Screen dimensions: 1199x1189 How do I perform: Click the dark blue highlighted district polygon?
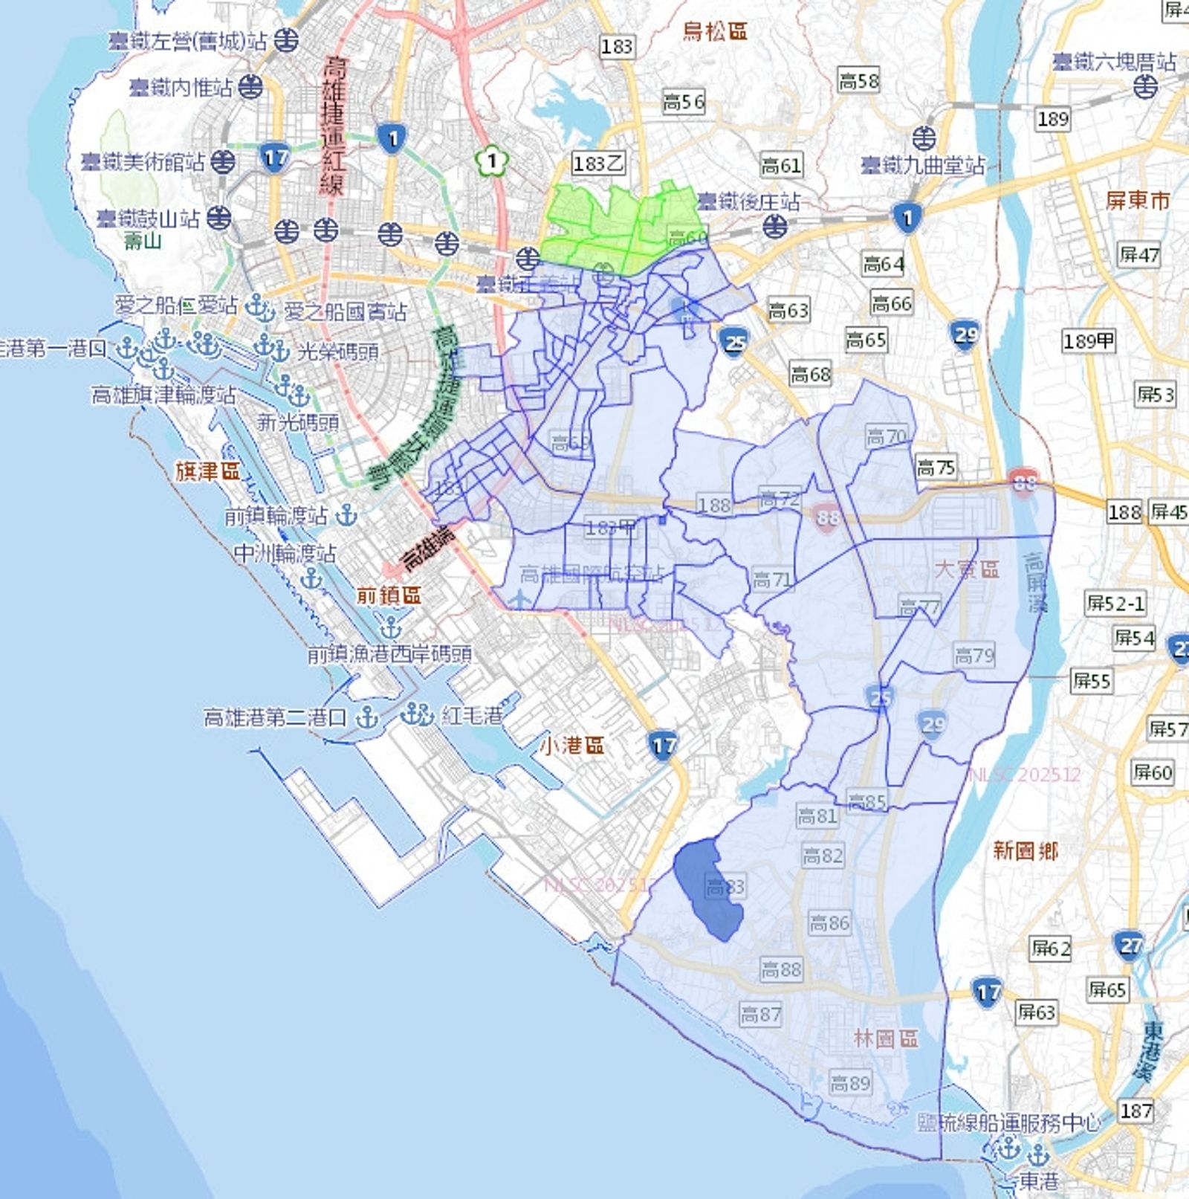coord(706,888)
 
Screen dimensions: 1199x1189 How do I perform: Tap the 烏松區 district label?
coord(714,31)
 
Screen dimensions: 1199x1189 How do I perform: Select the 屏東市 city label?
coord(1137,200)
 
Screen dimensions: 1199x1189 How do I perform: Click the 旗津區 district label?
coord(207,471)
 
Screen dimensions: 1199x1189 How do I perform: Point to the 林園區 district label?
coord(886,1038)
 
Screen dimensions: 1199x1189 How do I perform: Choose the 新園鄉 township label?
coord(1026,850)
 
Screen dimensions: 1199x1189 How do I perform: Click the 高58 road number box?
coord(858,80)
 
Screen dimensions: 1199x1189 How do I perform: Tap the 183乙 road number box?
coord(598,163)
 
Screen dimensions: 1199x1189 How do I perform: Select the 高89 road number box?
coord(849,1083)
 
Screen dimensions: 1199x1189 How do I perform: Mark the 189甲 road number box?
coord(1089,340)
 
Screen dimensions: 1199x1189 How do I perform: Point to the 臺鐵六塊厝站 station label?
coord(1114,62)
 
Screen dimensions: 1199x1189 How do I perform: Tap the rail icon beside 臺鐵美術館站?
coord(223,161)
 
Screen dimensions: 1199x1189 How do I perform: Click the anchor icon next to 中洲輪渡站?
coord(311,578)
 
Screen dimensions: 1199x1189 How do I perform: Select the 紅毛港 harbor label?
coord(472,716)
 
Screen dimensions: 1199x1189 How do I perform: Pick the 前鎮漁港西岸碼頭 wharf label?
coord(389,654)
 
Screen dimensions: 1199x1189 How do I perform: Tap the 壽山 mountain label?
coord(143,240)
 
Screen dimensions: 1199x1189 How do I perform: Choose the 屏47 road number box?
coord(1139,255)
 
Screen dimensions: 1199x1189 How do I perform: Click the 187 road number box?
coord(1136,1111)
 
